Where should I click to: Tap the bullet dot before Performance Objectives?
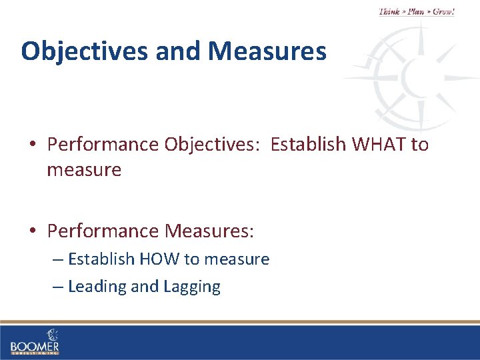[33, 145]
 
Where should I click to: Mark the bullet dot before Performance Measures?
[33, 231]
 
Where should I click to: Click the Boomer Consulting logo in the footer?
[35, 341]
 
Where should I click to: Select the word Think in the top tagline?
[390, 12]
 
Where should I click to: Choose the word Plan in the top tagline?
[417, 12]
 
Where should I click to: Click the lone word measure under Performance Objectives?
[84, 170]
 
